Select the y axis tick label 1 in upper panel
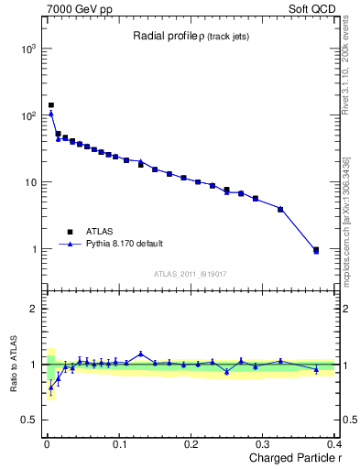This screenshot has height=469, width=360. click(x=33, y=249)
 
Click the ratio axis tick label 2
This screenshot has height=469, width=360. click(x=33, y=309)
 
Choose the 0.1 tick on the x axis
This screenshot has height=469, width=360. click(x=119, y=444)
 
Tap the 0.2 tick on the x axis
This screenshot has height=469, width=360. click(x=191, y=444)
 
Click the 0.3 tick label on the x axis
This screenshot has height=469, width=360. click(x=263, y=444)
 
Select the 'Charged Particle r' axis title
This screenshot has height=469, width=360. click(x=286, y=458)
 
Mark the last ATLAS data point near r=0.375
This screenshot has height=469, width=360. click(x=316, y=249)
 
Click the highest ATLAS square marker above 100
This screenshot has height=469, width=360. click(x=51, y=105)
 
